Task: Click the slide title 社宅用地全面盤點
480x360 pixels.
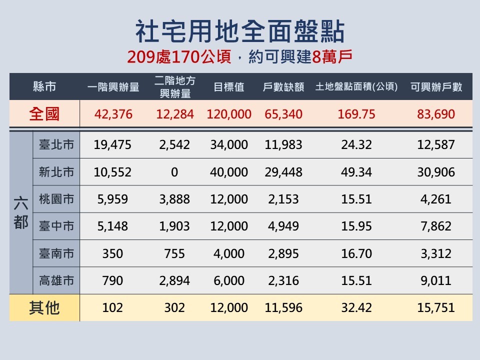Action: (x=240, y=31)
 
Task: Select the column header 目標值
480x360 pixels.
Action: (x=228, y=87)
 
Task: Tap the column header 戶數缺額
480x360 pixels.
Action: (x=283, y=87)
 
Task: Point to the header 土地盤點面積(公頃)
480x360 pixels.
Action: (x=356, y=87)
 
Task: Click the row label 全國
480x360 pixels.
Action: (x=44, y=114)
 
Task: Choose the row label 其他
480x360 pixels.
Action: (x=44, y=307)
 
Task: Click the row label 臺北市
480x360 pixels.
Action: (x=56, y=145)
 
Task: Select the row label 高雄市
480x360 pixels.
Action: (x=56, y=280)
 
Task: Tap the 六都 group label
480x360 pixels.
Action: (x=21, y=212)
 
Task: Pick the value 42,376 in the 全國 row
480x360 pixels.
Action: (x=113, y=114)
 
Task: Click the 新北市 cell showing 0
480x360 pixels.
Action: (x=174, y=172)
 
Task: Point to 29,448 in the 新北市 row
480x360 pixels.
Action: (x=283, y=172)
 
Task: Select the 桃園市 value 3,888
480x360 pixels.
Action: (x=174, y=199)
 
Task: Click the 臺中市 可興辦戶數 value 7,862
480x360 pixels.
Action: (x=436, y=226)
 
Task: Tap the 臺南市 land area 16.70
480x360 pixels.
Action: (x=356, y=253)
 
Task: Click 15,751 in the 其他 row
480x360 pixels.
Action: (x=436, y=307)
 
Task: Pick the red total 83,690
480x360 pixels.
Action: (x=436, y=114)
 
